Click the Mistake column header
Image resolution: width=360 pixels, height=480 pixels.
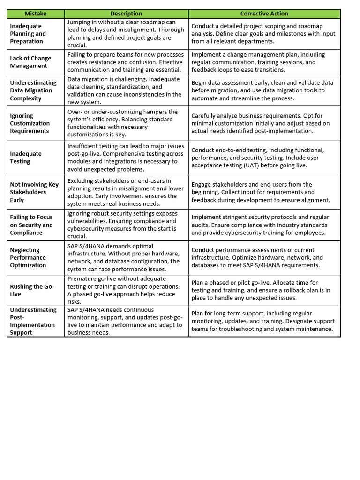click(36, 14)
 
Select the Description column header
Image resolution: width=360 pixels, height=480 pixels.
click(126, 14)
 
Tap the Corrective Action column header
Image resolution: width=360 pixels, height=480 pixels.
click(264, 14)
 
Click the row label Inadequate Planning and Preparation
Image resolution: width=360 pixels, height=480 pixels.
click(28, 34)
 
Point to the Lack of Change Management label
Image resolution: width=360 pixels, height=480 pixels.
click(30, 62)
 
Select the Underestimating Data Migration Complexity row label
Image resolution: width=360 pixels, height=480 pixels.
click(33, 90)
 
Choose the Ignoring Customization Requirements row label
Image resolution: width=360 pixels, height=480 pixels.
click(30, 123)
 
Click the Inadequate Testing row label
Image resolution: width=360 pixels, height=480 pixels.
click(26, 157)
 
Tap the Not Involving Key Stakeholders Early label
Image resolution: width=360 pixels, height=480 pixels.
click(34, 192)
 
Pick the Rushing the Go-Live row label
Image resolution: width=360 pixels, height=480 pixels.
click(32, 290)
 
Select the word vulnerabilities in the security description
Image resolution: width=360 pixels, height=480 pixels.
click(89, 221)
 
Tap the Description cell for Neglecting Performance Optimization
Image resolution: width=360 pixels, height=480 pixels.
click(126, 257)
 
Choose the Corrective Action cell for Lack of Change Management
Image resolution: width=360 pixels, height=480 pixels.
click(264, 62)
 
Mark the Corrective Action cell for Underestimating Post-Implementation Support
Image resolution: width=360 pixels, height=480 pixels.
click(264, 321)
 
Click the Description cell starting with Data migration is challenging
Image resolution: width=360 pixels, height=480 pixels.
click(126, 90)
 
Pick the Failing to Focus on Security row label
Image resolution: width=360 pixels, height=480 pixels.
click(31, 225)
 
